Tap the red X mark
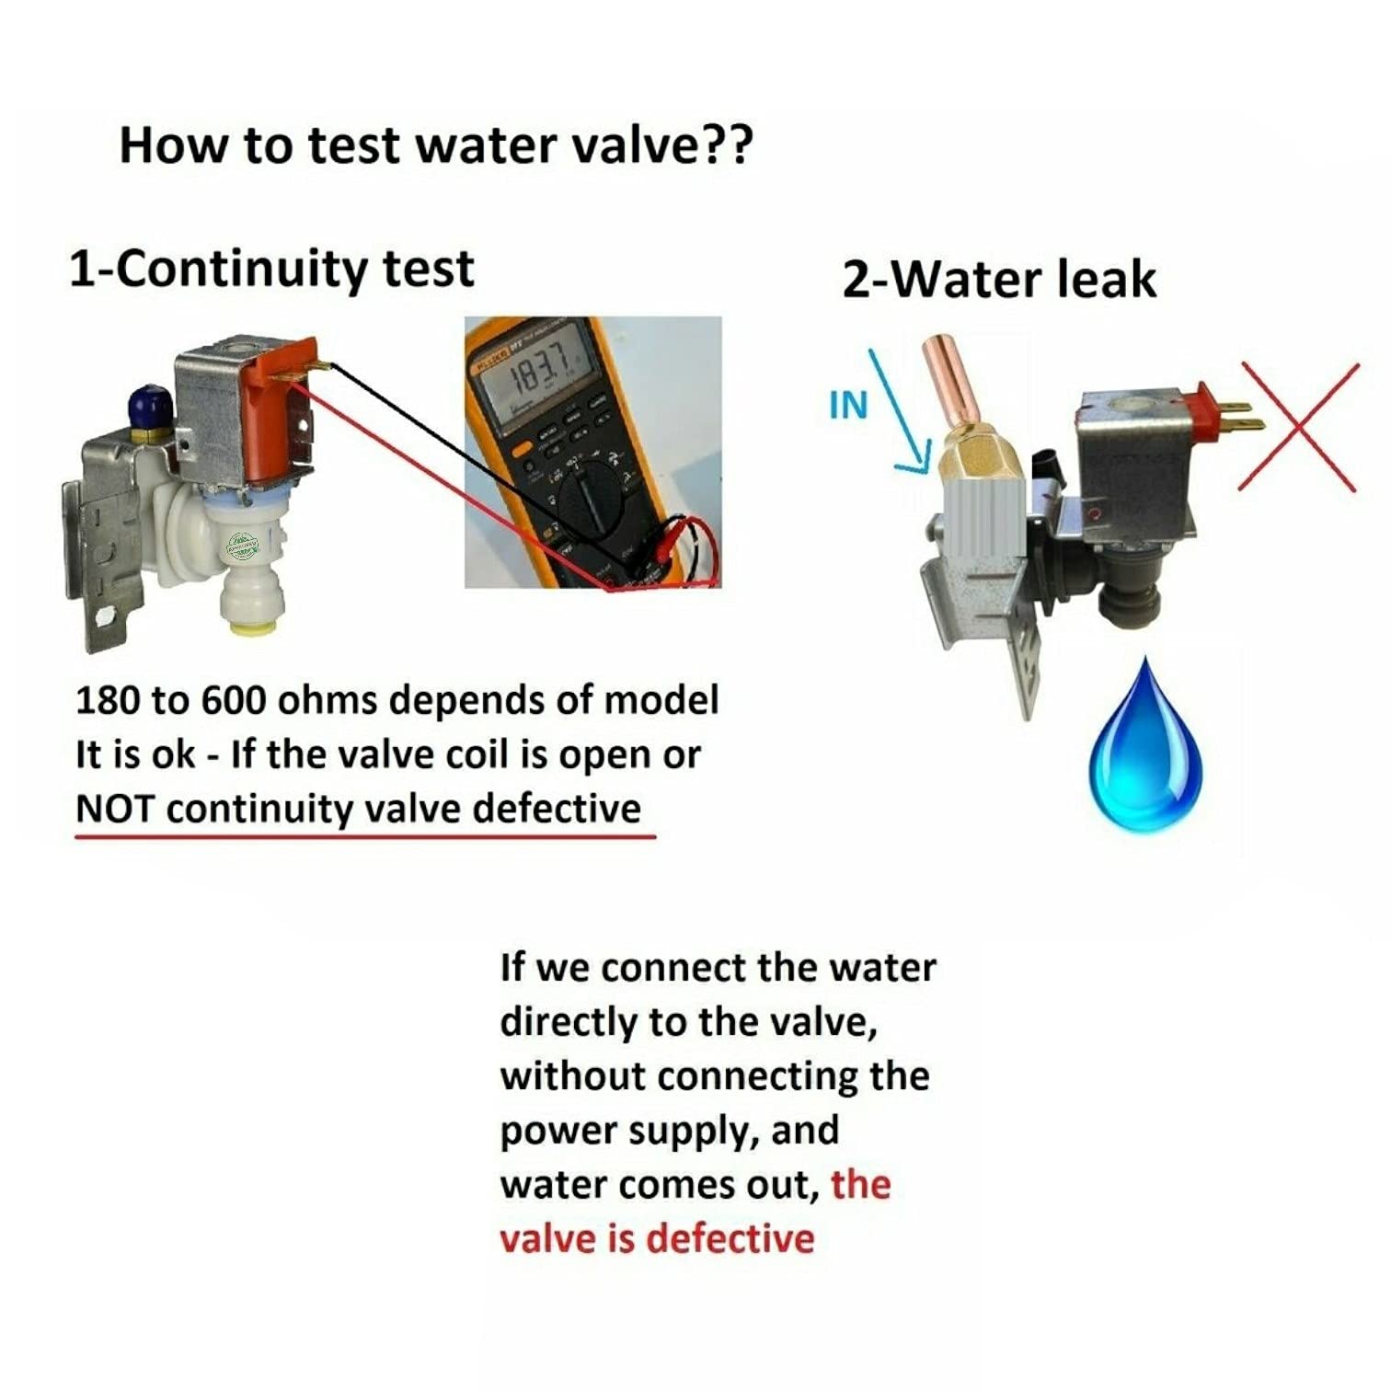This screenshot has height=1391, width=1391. (x=1297, y=426)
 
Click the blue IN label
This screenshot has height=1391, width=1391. (x=848, y=405)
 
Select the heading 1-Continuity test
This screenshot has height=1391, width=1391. (x=271, y=270)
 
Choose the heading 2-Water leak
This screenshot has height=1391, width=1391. (x=999, y=280)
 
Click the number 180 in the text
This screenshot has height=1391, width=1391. (x=108, y=701)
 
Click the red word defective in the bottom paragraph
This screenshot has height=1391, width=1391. (x=730, y=1238)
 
